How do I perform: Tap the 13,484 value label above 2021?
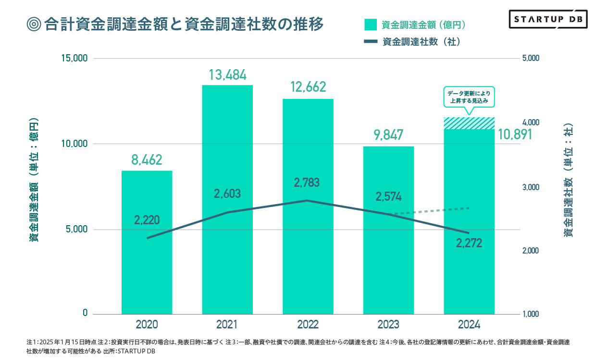227,75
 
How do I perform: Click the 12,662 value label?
308,87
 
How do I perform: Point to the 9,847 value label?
388,135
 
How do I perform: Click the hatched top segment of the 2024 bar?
469,123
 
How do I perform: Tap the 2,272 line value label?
469,243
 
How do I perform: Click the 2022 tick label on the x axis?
308,325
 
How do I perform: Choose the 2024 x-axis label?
469,325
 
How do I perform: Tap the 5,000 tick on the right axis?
531,58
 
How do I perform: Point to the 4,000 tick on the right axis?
531,123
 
